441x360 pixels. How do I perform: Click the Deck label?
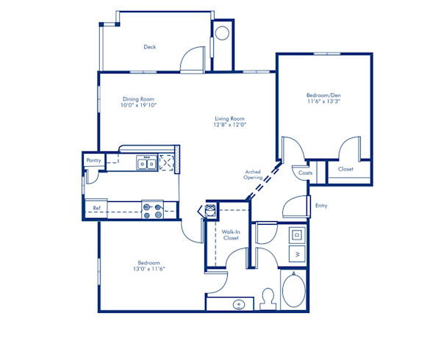(150, 47)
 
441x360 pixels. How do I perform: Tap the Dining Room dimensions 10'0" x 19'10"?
(140, 105)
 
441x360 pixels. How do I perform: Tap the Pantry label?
(93, 159)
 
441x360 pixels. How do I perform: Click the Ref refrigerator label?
(96, 208)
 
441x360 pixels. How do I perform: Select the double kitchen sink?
(147, 162)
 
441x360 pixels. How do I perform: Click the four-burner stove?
(152, 211)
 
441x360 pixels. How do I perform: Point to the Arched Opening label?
(254, 174)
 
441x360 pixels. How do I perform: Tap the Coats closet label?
(304, 173)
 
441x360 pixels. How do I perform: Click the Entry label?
(320, 206)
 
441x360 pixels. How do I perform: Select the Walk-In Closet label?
(231, 235)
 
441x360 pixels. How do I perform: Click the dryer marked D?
(297, 235)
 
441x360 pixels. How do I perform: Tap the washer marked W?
(297, 254)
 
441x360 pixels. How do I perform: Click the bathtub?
(295, 289)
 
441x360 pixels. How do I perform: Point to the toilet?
(269, 298)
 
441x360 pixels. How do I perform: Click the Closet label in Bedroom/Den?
(345, 169)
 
